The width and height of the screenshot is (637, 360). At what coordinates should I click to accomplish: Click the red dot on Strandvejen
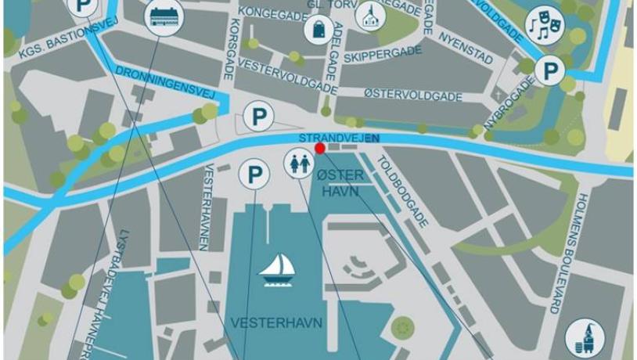[x=319, y=148]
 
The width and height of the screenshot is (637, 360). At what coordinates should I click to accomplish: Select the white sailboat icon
[x=277, y=271]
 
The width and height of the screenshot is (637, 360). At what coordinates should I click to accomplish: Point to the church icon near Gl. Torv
[x=369, y=15]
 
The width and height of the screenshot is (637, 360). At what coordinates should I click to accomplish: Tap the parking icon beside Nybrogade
[x=550, y=72]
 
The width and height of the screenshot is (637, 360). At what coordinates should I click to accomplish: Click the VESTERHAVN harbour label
[x=266, y=322]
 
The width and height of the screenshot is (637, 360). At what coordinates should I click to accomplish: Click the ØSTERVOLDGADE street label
[x=413, y=94]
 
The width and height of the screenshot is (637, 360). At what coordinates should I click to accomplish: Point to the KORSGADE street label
[x=230, y=52]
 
